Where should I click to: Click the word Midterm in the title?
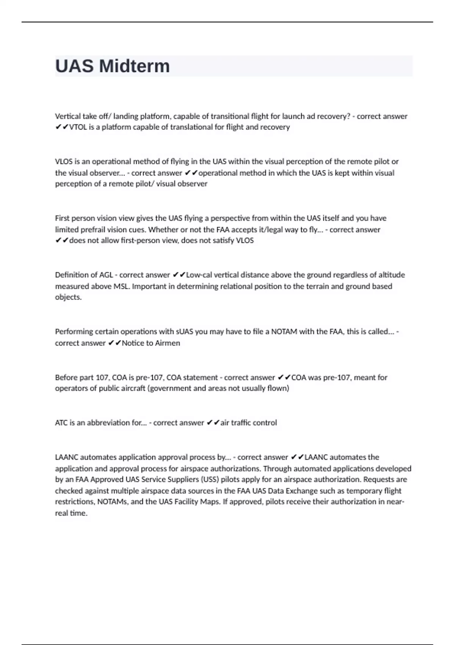click(x=134, y=66)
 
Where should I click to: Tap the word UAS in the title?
click(x=74, y=66)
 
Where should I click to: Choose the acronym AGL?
click(x=106, y=275)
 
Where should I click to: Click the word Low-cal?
click(x=199, y=275)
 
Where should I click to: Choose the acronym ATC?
click(x=61, y=423)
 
